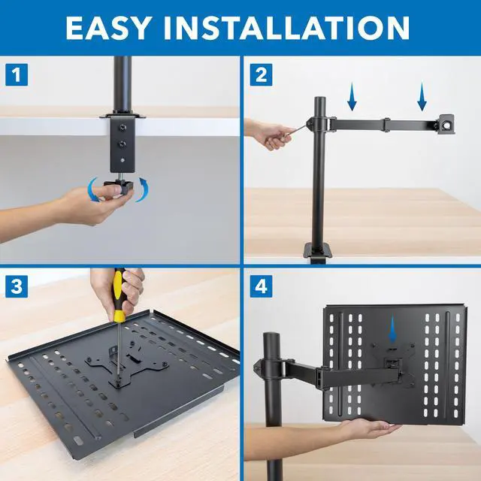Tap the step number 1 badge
point(17,74)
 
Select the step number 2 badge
point(260,74)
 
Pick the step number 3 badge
point(17,286)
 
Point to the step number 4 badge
point(260,286)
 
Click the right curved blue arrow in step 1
point(141,188)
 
